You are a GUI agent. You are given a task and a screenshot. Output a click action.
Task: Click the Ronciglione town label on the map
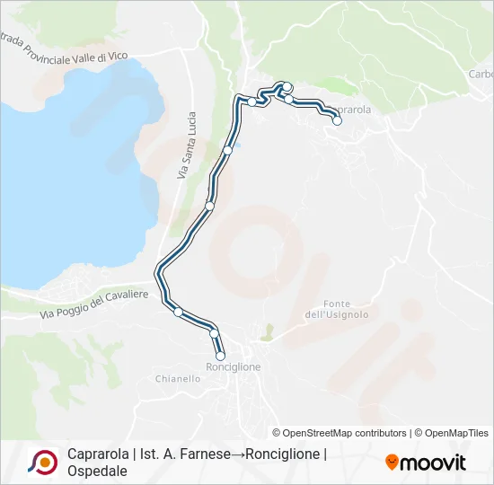(x=234, y=367)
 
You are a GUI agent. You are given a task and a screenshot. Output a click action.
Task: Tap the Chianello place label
(x=178, y=379)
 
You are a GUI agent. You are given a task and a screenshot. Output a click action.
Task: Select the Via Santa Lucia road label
(x=186, y=144)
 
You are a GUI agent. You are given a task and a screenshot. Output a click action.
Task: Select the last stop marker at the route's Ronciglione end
(x=220, y=356)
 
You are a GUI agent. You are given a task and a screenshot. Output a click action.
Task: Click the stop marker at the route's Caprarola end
(x=338, y=120)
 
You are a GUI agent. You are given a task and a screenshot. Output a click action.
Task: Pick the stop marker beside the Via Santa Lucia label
(x=228, y=150)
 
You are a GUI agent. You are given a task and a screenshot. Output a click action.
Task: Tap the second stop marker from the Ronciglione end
(x=214, y=333)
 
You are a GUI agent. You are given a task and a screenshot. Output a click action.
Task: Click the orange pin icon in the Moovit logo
(x=392, y=463)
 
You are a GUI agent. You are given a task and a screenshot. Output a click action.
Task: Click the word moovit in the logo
(x=433, y=463)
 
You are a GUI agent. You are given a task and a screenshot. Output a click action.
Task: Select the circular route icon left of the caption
(x=42, y=462)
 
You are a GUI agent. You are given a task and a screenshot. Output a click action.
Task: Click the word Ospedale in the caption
(x=97, y=470)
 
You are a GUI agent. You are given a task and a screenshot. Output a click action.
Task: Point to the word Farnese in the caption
(x=190, y=454)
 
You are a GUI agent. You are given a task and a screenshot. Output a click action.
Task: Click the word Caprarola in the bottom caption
(x=97, y=454)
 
